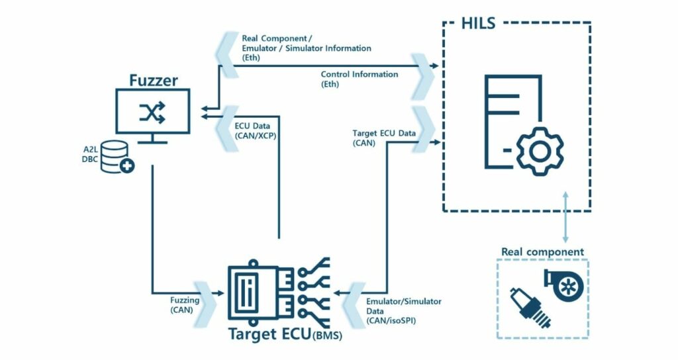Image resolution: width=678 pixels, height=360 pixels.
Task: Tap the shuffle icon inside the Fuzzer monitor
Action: pyautogui.click(x=153, y=113)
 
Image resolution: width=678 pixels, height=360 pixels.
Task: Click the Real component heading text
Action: pyautogui.click(x=542, y=251)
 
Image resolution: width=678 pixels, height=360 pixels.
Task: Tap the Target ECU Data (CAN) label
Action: pyautogui.click(x=384, y=138)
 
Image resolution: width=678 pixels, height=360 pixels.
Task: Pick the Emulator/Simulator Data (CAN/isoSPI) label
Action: pyautogui.click(x=404, y=311)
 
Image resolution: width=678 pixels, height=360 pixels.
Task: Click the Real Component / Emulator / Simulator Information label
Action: pyautogui.click(x=306, y=48)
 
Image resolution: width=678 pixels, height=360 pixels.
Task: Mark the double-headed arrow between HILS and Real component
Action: pyautogui.click(x=565, y=218)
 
